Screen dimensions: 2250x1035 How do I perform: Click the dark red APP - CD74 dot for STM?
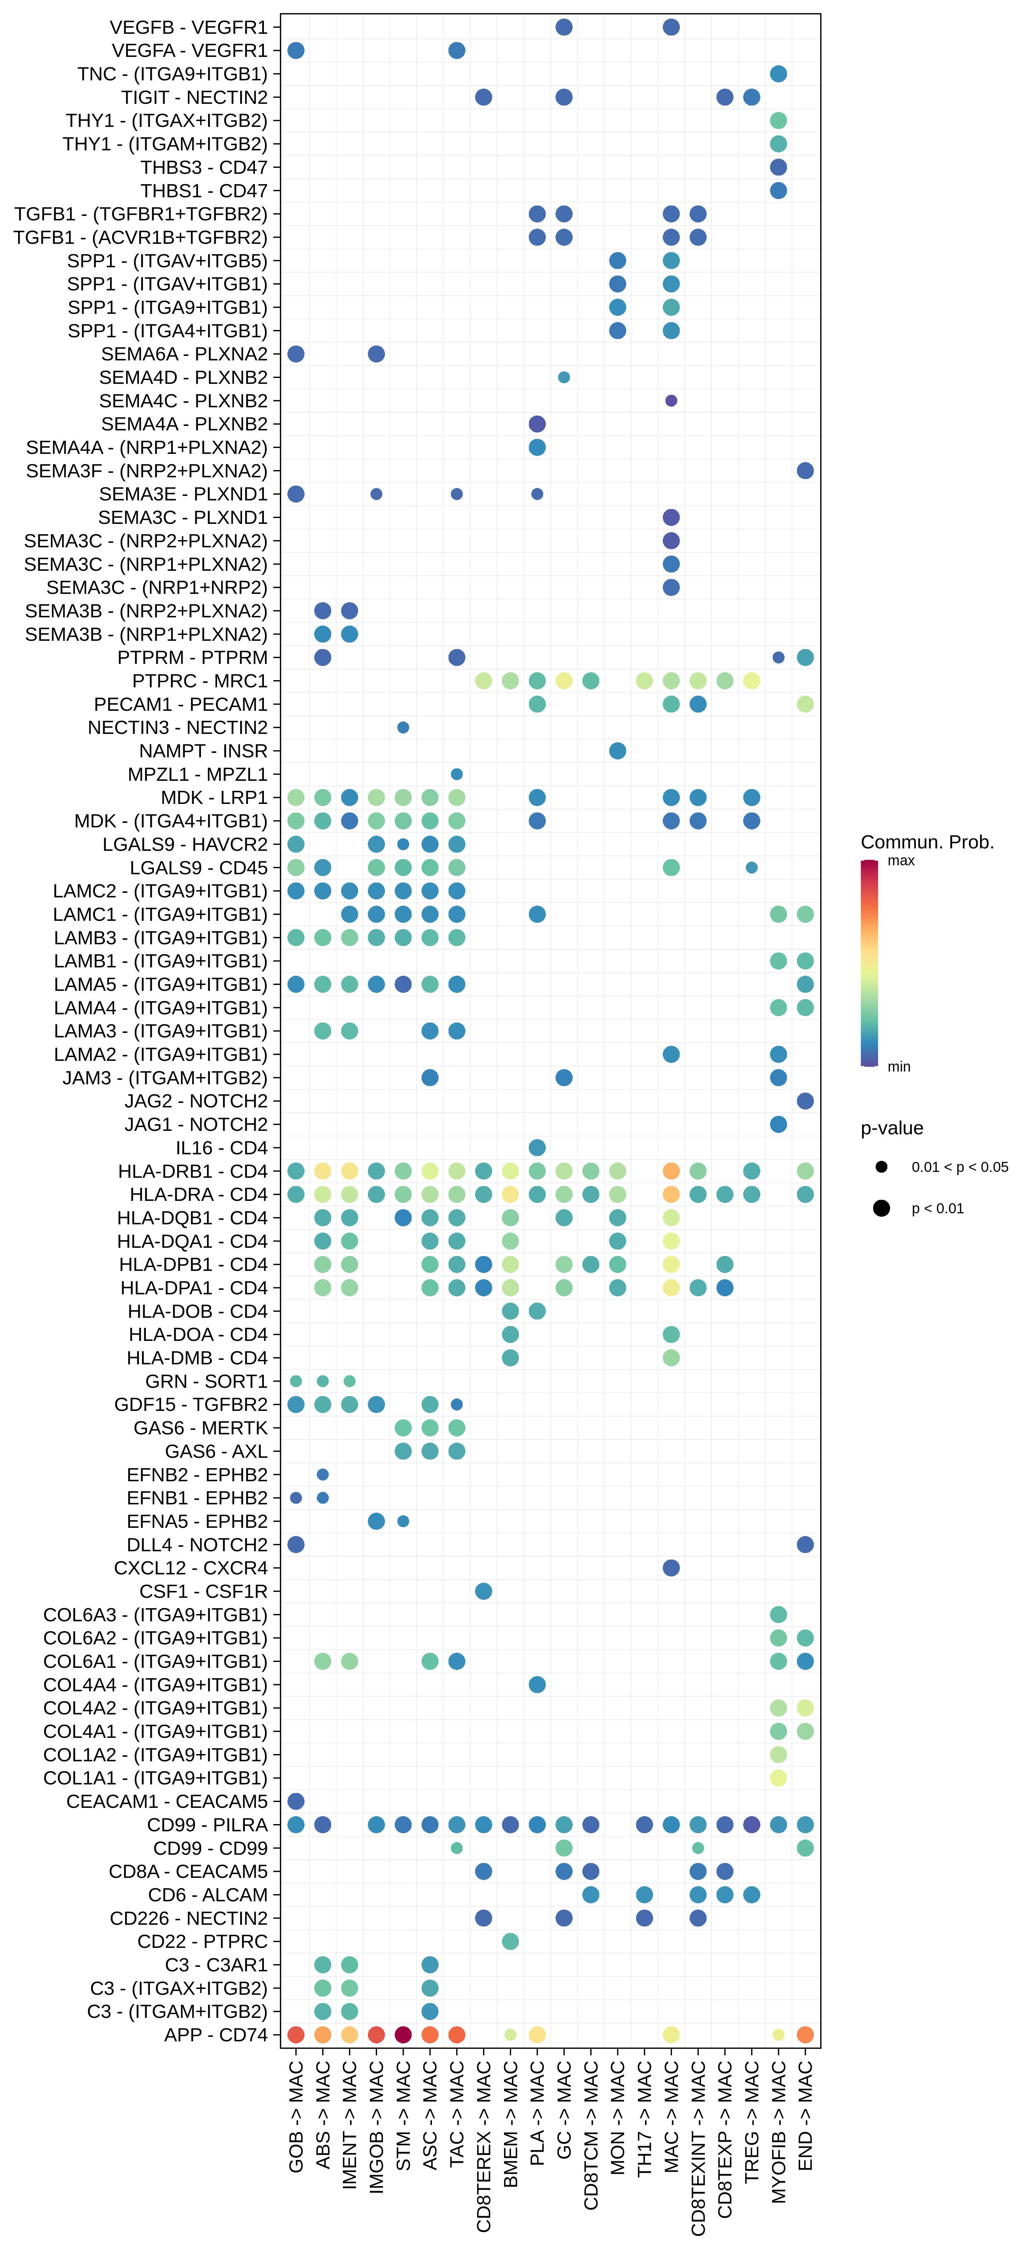(403, 2034)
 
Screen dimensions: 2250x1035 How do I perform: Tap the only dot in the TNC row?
(778, 73)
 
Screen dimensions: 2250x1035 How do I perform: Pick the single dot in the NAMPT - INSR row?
(618, 750)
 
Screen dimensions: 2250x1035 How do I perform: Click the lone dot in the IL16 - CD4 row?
(537, 1147)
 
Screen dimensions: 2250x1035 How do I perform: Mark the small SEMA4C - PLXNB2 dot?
(671, 400)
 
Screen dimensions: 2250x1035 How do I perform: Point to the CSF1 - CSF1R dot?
(483, 1591)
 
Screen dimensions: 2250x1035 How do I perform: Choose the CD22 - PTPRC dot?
(510, 1941)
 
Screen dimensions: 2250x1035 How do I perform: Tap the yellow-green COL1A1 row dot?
(778, 1778)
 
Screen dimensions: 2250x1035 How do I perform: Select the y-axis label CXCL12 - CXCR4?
(190, 1568)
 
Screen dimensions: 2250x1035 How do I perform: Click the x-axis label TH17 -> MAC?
(644, 2118)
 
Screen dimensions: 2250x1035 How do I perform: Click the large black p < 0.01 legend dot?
(881, 1208)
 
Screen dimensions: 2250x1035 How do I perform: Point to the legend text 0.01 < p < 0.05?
(959, 1167)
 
